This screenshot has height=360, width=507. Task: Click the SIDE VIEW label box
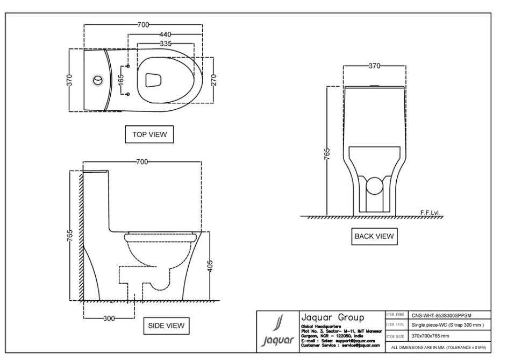[166, 325]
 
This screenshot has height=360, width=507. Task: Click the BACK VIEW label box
[373, 236]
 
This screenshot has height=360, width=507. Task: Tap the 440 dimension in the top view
[165, 34]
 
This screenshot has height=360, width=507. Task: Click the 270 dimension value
[214, 80]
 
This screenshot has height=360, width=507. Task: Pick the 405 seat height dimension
[211, 266]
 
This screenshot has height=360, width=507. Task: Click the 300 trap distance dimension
[109, 318]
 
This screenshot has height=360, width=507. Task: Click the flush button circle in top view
[97, 80]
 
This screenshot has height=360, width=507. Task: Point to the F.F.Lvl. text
[430, 212]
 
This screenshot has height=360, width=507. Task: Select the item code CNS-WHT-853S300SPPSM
[441, 315]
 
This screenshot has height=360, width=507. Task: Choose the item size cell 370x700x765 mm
[433, 335]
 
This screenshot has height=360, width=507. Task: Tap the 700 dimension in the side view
[142, 161]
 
